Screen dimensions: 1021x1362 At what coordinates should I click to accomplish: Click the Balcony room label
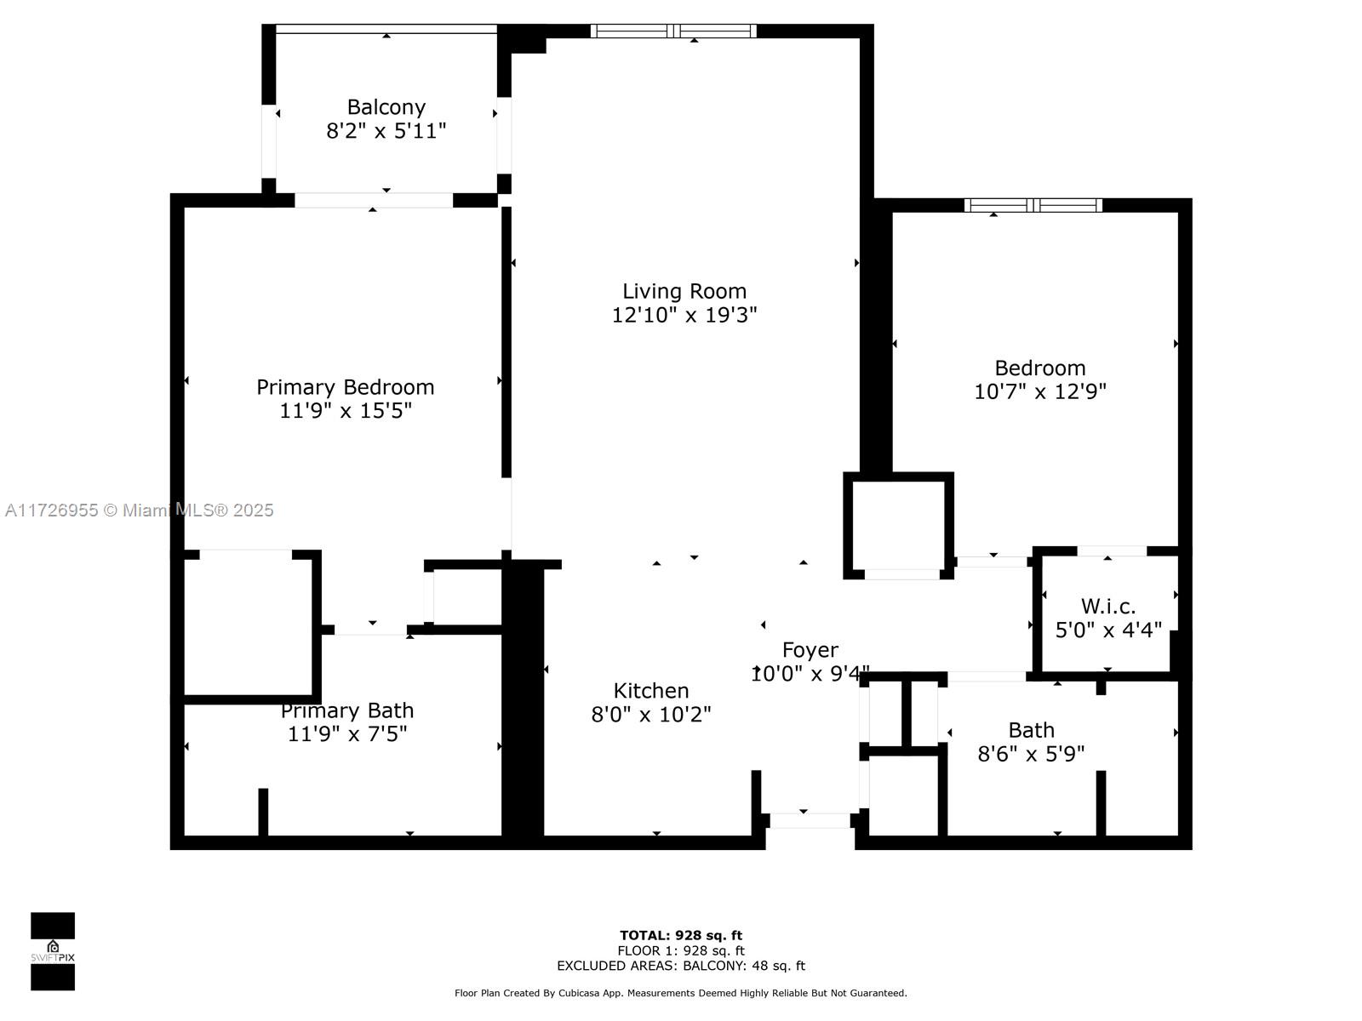[x=386, y=107]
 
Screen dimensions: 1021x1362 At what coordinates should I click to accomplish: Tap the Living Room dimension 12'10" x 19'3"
[x=684, y=315]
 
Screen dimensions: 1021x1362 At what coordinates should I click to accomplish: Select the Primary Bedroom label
[x=346, y=387]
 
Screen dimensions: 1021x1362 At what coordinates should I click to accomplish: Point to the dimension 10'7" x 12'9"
[x=1039, y=391]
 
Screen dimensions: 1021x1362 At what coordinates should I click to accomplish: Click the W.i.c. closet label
[x=1108, y=607]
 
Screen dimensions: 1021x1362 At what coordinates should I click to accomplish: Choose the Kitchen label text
[x=651, y=691]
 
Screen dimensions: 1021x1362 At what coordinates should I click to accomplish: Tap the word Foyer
[x=810, y=650]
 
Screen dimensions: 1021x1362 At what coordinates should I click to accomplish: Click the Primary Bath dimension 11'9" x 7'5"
[x=347, y=733]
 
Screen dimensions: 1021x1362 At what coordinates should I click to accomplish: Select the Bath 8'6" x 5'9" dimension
[x=1031, y=754]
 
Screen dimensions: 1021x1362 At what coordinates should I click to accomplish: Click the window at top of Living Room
[x=673, y=31]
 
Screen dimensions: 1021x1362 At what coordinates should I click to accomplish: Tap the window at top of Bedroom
[x=1033, y=205]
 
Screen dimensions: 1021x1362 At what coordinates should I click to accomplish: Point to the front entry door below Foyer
[x=810, y=820]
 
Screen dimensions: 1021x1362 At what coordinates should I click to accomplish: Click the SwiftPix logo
[x=53, y=951]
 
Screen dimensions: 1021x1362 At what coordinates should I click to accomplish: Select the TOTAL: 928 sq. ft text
[x=681, y=936]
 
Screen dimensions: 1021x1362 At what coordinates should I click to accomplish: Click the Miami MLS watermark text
[x=140, y=510]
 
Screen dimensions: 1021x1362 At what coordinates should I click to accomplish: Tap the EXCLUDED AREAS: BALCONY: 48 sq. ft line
[x=681, y=966]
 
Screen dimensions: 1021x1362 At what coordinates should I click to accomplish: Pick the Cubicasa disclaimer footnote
[x=681, y=993]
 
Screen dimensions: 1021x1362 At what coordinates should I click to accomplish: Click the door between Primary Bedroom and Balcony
[x=374, y=201]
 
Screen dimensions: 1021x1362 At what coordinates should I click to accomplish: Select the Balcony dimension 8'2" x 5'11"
[x=386, y=131]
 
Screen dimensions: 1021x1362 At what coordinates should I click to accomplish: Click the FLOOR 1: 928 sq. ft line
[x=681, y=950]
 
